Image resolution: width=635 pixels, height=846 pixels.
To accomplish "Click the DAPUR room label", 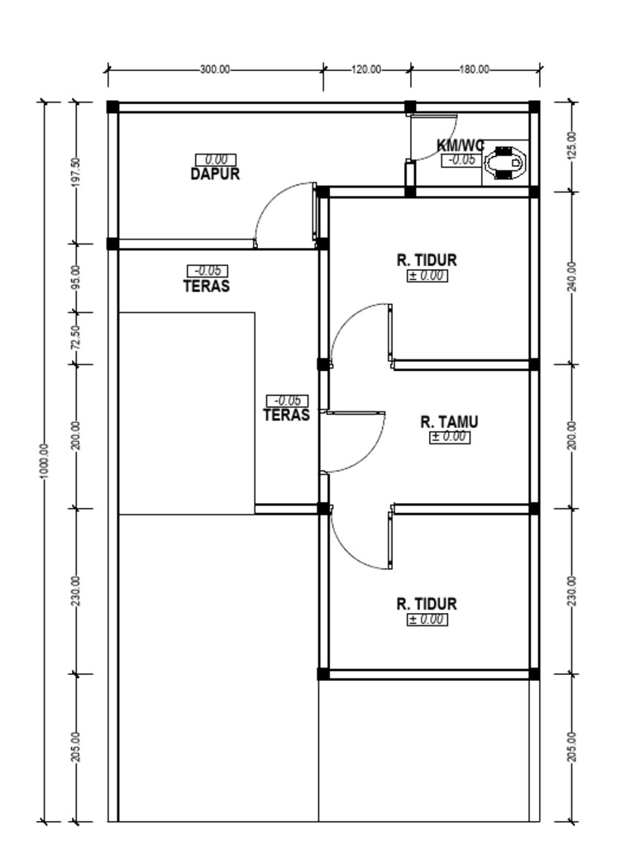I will click(x=215, y=174).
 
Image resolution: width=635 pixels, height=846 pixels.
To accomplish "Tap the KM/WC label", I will click(x=460, y=145).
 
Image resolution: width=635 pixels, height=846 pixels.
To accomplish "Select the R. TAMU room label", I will click(x=449, y=422).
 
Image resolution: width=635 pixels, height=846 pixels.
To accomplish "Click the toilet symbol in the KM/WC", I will click(x=504, y=162).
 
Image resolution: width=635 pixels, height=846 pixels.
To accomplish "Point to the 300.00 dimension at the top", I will click(x=214, y=70).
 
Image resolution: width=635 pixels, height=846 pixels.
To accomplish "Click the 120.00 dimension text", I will click(x=366, y=70).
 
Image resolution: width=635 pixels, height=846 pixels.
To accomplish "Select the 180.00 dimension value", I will click(x=475, y=70).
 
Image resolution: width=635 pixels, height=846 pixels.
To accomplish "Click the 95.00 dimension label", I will click(x=76, y=278).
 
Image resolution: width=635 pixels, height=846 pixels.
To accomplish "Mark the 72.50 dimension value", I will click(x=76, y=337).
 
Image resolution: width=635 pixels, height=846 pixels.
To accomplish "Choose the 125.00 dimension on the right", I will click(x=573, y=145).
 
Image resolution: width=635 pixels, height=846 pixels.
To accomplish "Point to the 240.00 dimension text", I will click(x=573, y=277).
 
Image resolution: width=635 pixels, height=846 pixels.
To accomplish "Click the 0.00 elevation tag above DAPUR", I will click(x=216, y=159).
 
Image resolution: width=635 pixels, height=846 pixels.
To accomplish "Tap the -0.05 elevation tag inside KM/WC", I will click(x=460, y=160).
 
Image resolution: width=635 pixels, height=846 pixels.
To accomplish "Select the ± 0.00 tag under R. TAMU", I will click(x=450, y=437).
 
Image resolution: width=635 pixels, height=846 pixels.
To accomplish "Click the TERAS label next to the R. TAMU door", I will click(x=286, y=416).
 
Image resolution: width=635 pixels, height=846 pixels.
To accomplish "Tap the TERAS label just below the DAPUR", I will click(x=206, y=287).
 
